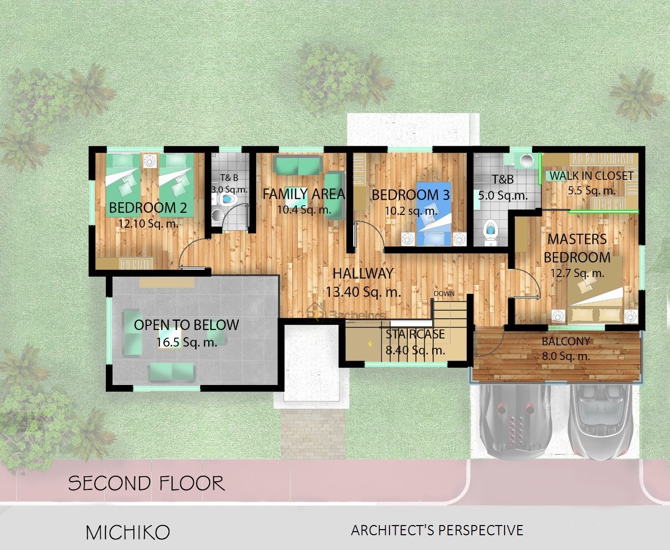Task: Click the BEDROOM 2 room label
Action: coord(148,208)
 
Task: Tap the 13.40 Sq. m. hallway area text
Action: coord(364,292)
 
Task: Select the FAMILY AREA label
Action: coord(304,194)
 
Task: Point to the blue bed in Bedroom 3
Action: coord(434,213)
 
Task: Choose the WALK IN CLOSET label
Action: coord(592,176)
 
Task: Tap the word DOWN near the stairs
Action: coord(444,293)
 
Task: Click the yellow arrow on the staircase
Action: coord(370,344)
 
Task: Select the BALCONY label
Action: coord(566,341)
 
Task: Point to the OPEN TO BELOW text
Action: coord(186,325)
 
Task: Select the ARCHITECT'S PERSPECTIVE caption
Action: coord(437,530)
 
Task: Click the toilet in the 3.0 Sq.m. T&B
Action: coord(227,200)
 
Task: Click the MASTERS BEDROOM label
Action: coord(577,248)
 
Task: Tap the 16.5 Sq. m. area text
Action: coord(187,342)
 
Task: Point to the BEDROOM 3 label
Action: coord(411,195)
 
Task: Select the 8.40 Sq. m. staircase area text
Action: coord(415,350)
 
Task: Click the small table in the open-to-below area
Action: coord(170,338)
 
